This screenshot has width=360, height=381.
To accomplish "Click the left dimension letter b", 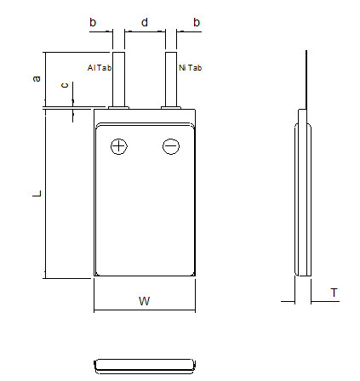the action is click(93, 22).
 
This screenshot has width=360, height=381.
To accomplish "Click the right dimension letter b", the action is click(197, 22).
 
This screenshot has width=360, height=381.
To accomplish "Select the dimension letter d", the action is click(145, 22).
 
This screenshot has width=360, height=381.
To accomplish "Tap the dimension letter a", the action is click(37, 78).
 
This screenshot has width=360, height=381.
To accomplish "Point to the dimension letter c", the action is click(65, 85).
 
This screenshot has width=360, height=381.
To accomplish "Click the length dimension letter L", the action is click(37, 194).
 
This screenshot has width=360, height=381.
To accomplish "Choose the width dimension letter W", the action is click(144, 301).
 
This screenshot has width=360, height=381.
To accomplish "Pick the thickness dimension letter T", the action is click(334, 293).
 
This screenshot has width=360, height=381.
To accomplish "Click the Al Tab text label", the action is click(100, 68).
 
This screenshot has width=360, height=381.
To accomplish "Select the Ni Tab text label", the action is click(191, 68).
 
